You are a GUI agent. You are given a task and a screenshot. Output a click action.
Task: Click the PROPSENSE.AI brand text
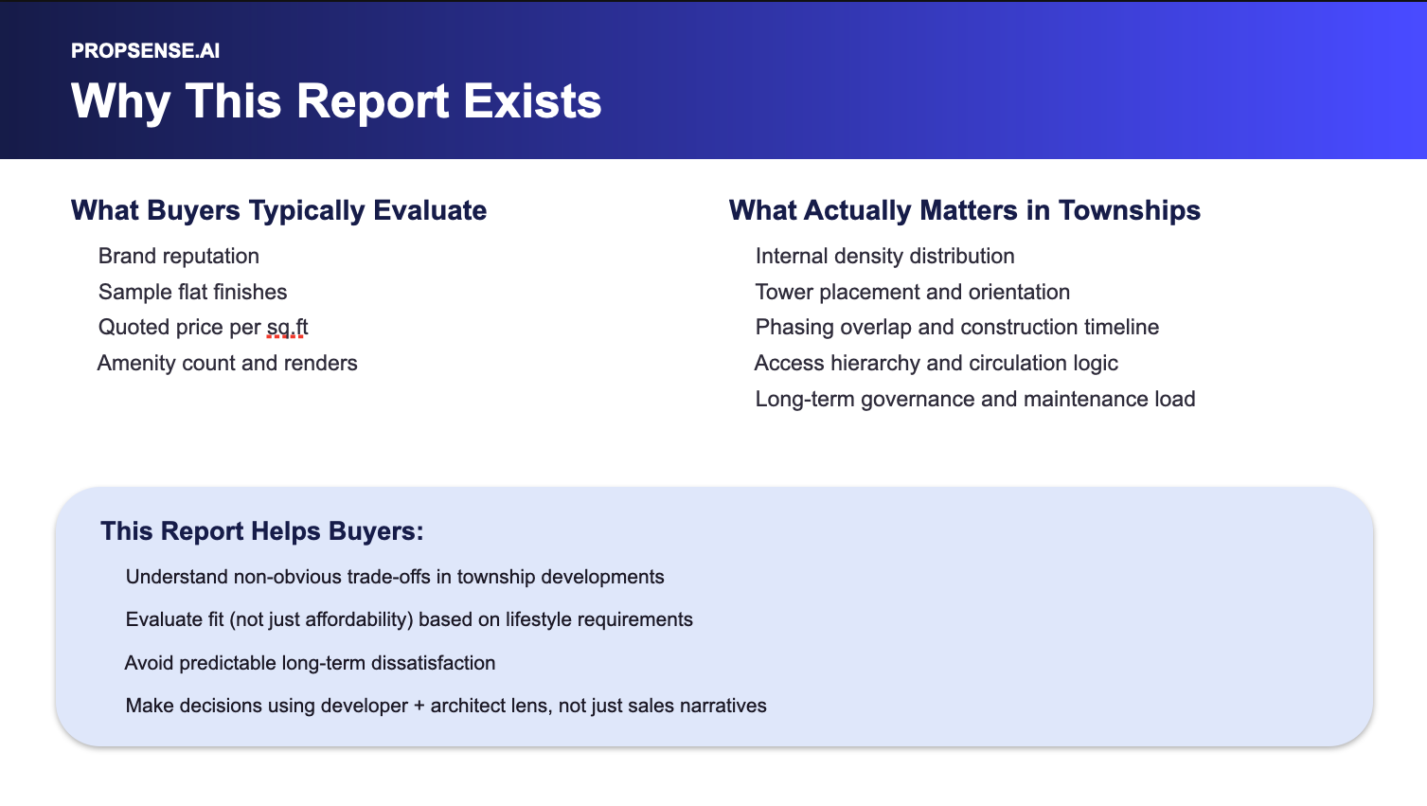click(x=145, y=51)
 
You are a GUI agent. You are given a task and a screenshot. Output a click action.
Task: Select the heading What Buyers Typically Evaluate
click(x=278, y=210)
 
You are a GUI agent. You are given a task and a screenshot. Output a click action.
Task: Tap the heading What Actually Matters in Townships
click(x=964, y=210)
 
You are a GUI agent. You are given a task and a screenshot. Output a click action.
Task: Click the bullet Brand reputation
click(x=178, y=257)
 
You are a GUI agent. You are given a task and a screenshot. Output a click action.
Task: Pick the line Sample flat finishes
click(x=192, y=293)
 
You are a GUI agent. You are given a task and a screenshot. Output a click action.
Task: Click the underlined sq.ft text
click(x=287, y=328)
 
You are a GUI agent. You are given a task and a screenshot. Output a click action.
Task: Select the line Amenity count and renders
click(x=227, y=364)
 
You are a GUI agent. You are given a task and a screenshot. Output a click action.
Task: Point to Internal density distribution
click(x=884, y=257)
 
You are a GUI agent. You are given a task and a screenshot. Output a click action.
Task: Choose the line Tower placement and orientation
click(x=912, y=293)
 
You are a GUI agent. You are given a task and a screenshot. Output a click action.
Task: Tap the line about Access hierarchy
click(x=936, y=364)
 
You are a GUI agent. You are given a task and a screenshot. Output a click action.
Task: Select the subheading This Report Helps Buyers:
click(x=261, y=531)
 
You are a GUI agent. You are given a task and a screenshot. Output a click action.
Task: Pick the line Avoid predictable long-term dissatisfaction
click(x=310, y=663)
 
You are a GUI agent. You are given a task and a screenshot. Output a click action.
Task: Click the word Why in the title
click(x=120, y=101)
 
